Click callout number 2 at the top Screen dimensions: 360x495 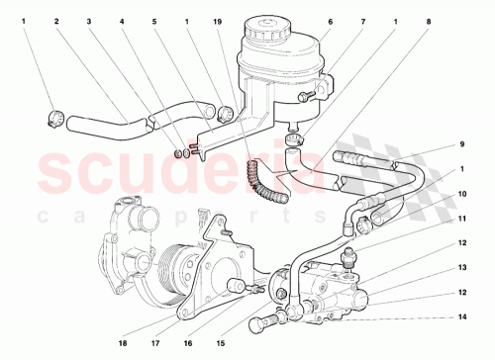pos(56,21)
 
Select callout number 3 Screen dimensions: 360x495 pos(89,21)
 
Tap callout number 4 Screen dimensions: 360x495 pos(123,21)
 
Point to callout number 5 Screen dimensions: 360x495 pos(155,21)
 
